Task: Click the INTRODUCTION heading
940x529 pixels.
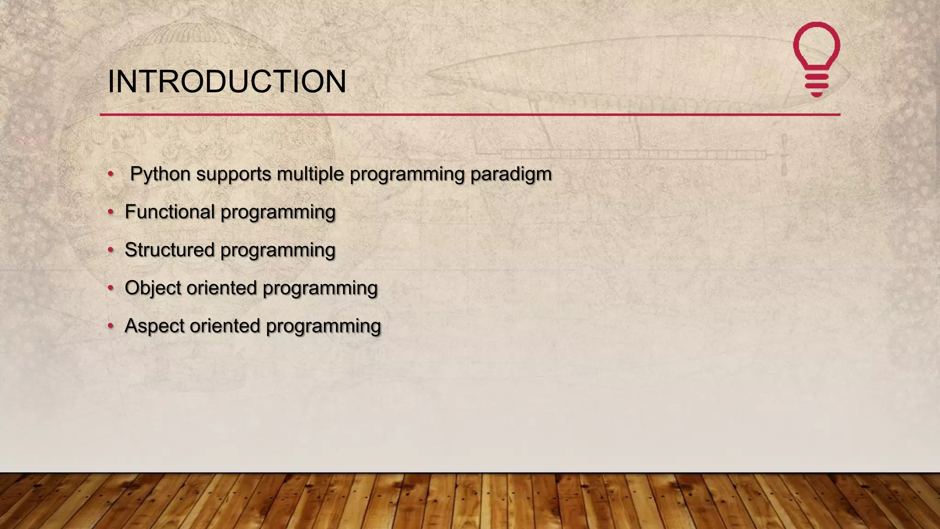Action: pyautogui.click(x=227, y=82)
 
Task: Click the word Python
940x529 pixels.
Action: pyautogui.click(x=160, y=174)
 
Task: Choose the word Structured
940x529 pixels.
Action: pyautogui.click(x=170, y=250)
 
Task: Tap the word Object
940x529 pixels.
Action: pyautogui.click(x=153, y=288)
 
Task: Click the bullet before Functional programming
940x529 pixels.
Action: pyautogui.click(x=111, y=212)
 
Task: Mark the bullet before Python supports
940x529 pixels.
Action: pyautogui.click(x=111, y=174)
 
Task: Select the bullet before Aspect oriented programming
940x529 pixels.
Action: pyautogui.click(x=111, y=326)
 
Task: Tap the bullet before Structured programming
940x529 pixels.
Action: pyautogui.click(x=111, y=250)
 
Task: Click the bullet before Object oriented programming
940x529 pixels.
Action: pyautogui.click(x=111, y=288)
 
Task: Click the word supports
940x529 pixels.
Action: pyautogui.click(x=234, y=174)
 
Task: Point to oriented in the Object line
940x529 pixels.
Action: pyautogui.click(x=222, y=288)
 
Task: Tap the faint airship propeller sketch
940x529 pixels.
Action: pyautogui.click(x=784, y=155)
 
